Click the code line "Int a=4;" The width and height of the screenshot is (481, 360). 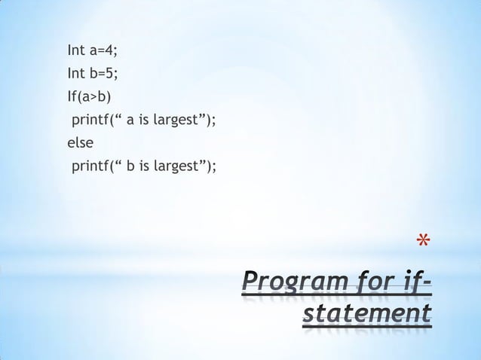(93, 52)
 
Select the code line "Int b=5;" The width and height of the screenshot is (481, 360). (93, 74)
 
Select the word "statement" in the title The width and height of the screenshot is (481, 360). (366, 313)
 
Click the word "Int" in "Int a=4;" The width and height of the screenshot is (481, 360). (76, 52)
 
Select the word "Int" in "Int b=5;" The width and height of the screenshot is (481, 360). (76, 74)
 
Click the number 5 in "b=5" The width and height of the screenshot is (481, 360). (110, 74)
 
